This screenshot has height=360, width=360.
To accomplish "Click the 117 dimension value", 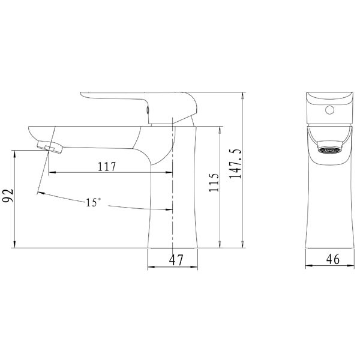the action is (107, 166).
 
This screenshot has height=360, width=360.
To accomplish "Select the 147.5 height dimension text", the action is (236, 163).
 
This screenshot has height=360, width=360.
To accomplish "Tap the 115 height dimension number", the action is (214, 182).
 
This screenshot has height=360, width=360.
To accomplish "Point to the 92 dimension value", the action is (8, 196).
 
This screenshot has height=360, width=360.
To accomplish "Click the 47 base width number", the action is (176, 260).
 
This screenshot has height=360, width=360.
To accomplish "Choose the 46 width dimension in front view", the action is (333, 259).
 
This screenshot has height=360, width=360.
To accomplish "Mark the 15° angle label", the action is (93, 202).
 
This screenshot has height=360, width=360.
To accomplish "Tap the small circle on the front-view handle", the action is (329, 110).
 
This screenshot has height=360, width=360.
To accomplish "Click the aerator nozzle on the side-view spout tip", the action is (50, 147).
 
